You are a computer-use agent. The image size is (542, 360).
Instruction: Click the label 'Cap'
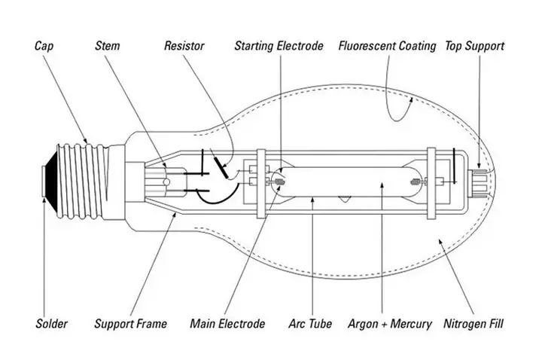(x=44, y=46)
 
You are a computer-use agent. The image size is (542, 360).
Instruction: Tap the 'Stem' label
(x=108, y=46)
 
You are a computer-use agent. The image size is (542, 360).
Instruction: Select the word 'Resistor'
(x=184, y=46)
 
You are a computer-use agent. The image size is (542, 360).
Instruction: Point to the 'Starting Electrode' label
(x=279, y=46)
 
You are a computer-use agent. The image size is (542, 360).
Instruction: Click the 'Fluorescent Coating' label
(x=387, y=46)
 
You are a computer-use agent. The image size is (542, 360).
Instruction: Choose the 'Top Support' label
(x=474, y=46)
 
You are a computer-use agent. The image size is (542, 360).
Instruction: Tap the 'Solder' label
(x=51, y=324)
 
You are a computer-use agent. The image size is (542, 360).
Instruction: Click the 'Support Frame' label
(x=130, y=324)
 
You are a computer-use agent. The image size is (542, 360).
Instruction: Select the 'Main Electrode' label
(x=227, y=324)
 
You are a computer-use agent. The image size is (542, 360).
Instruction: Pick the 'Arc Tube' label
(x=310, y=324)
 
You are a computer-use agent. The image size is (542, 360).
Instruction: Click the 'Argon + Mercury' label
(x=390, y=324)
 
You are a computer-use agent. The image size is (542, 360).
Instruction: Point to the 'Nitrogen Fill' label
(x=473, y=324)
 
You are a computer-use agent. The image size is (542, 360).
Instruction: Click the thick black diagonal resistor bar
(x=221, y=167)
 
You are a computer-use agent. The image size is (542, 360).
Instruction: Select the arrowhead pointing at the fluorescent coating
(x=411, y=99)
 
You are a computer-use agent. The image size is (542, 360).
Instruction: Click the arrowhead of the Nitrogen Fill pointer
(x=440, y=241)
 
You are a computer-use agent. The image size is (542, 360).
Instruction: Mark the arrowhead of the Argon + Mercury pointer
(x=382, y=186)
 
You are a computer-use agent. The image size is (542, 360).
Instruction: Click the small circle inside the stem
(x=166, y=182)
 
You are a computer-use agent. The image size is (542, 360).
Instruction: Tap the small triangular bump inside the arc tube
(x=343, y=199)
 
